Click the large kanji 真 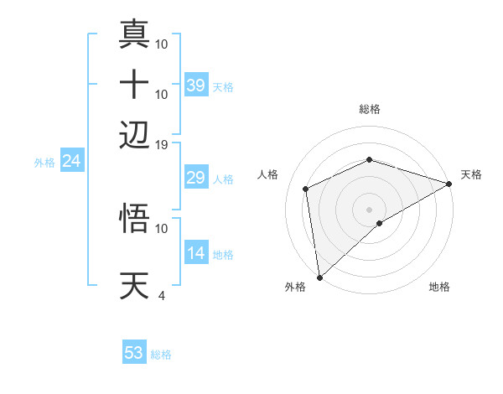tap(135, 34)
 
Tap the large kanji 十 tap(135, 84)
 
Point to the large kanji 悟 tap(135, 218)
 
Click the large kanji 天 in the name tap(135, 285)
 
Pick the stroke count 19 tap(161, 144)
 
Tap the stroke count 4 tap(161, 295)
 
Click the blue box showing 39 tap(196, 86)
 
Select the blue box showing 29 tap(196, 178)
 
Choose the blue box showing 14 tap(196, 253)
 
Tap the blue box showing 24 tap(71, 161)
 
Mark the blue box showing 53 tap(134, 353)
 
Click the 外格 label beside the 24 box tap(44, 163)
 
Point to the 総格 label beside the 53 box tap(161, 355)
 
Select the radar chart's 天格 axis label tap(471, 174)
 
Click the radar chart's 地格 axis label tap(439, 287)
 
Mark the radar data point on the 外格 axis tap(319, 277)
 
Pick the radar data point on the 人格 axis tap(306, 189)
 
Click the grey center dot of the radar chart tap(369, 209)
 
